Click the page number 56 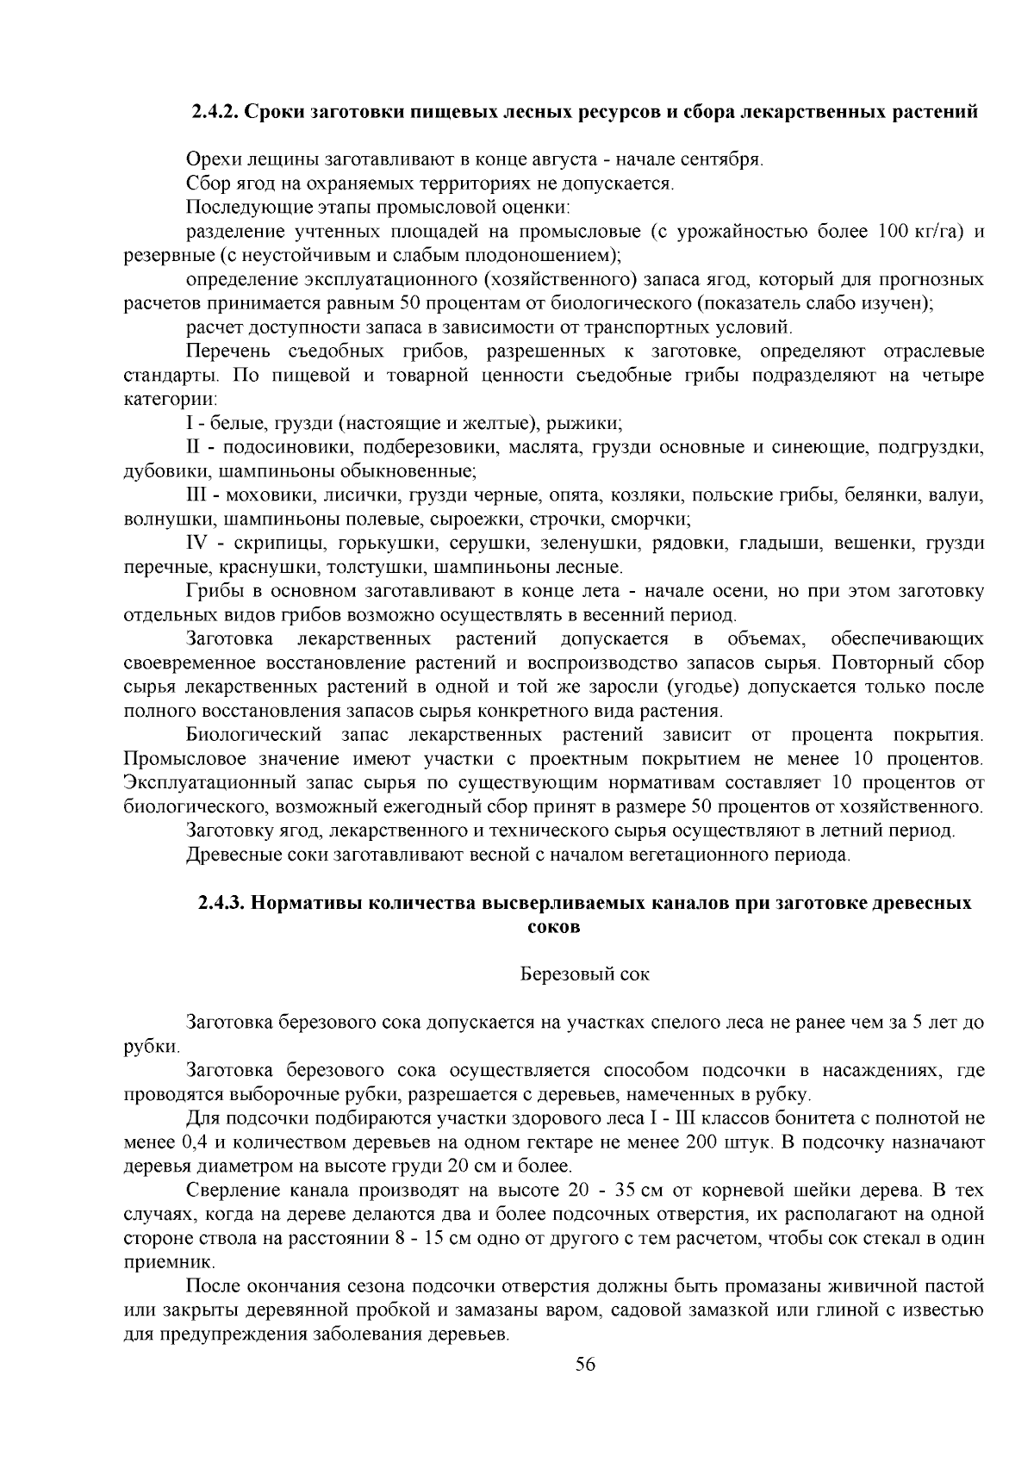coord(586,1365)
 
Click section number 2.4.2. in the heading coord(218,113)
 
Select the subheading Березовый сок coord(585,974)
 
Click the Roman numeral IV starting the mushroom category coord(198,544)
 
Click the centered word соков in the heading coord(552,927)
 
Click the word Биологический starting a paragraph coord(254,735)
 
